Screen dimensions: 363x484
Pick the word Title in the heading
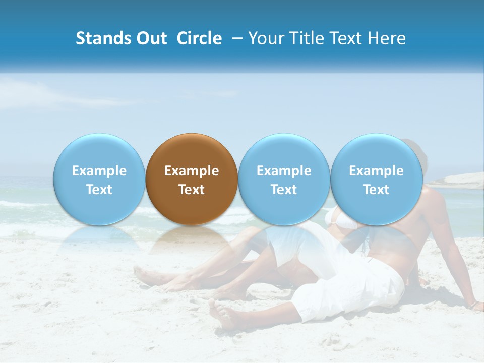(x=305, y=38)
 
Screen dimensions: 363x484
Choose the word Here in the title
(x=387, y=38)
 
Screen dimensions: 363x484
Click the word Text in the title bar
(x=347, y=38)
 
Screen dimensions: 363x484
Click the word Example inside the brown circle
(x=192, y=171)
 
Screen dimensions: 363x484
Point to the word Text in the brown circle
(x=192, y=190)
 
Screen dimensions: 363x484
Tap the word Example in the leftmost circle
(x=99, y=171)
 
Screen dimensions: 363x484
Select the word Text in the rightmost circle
(x=376, y=190)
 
